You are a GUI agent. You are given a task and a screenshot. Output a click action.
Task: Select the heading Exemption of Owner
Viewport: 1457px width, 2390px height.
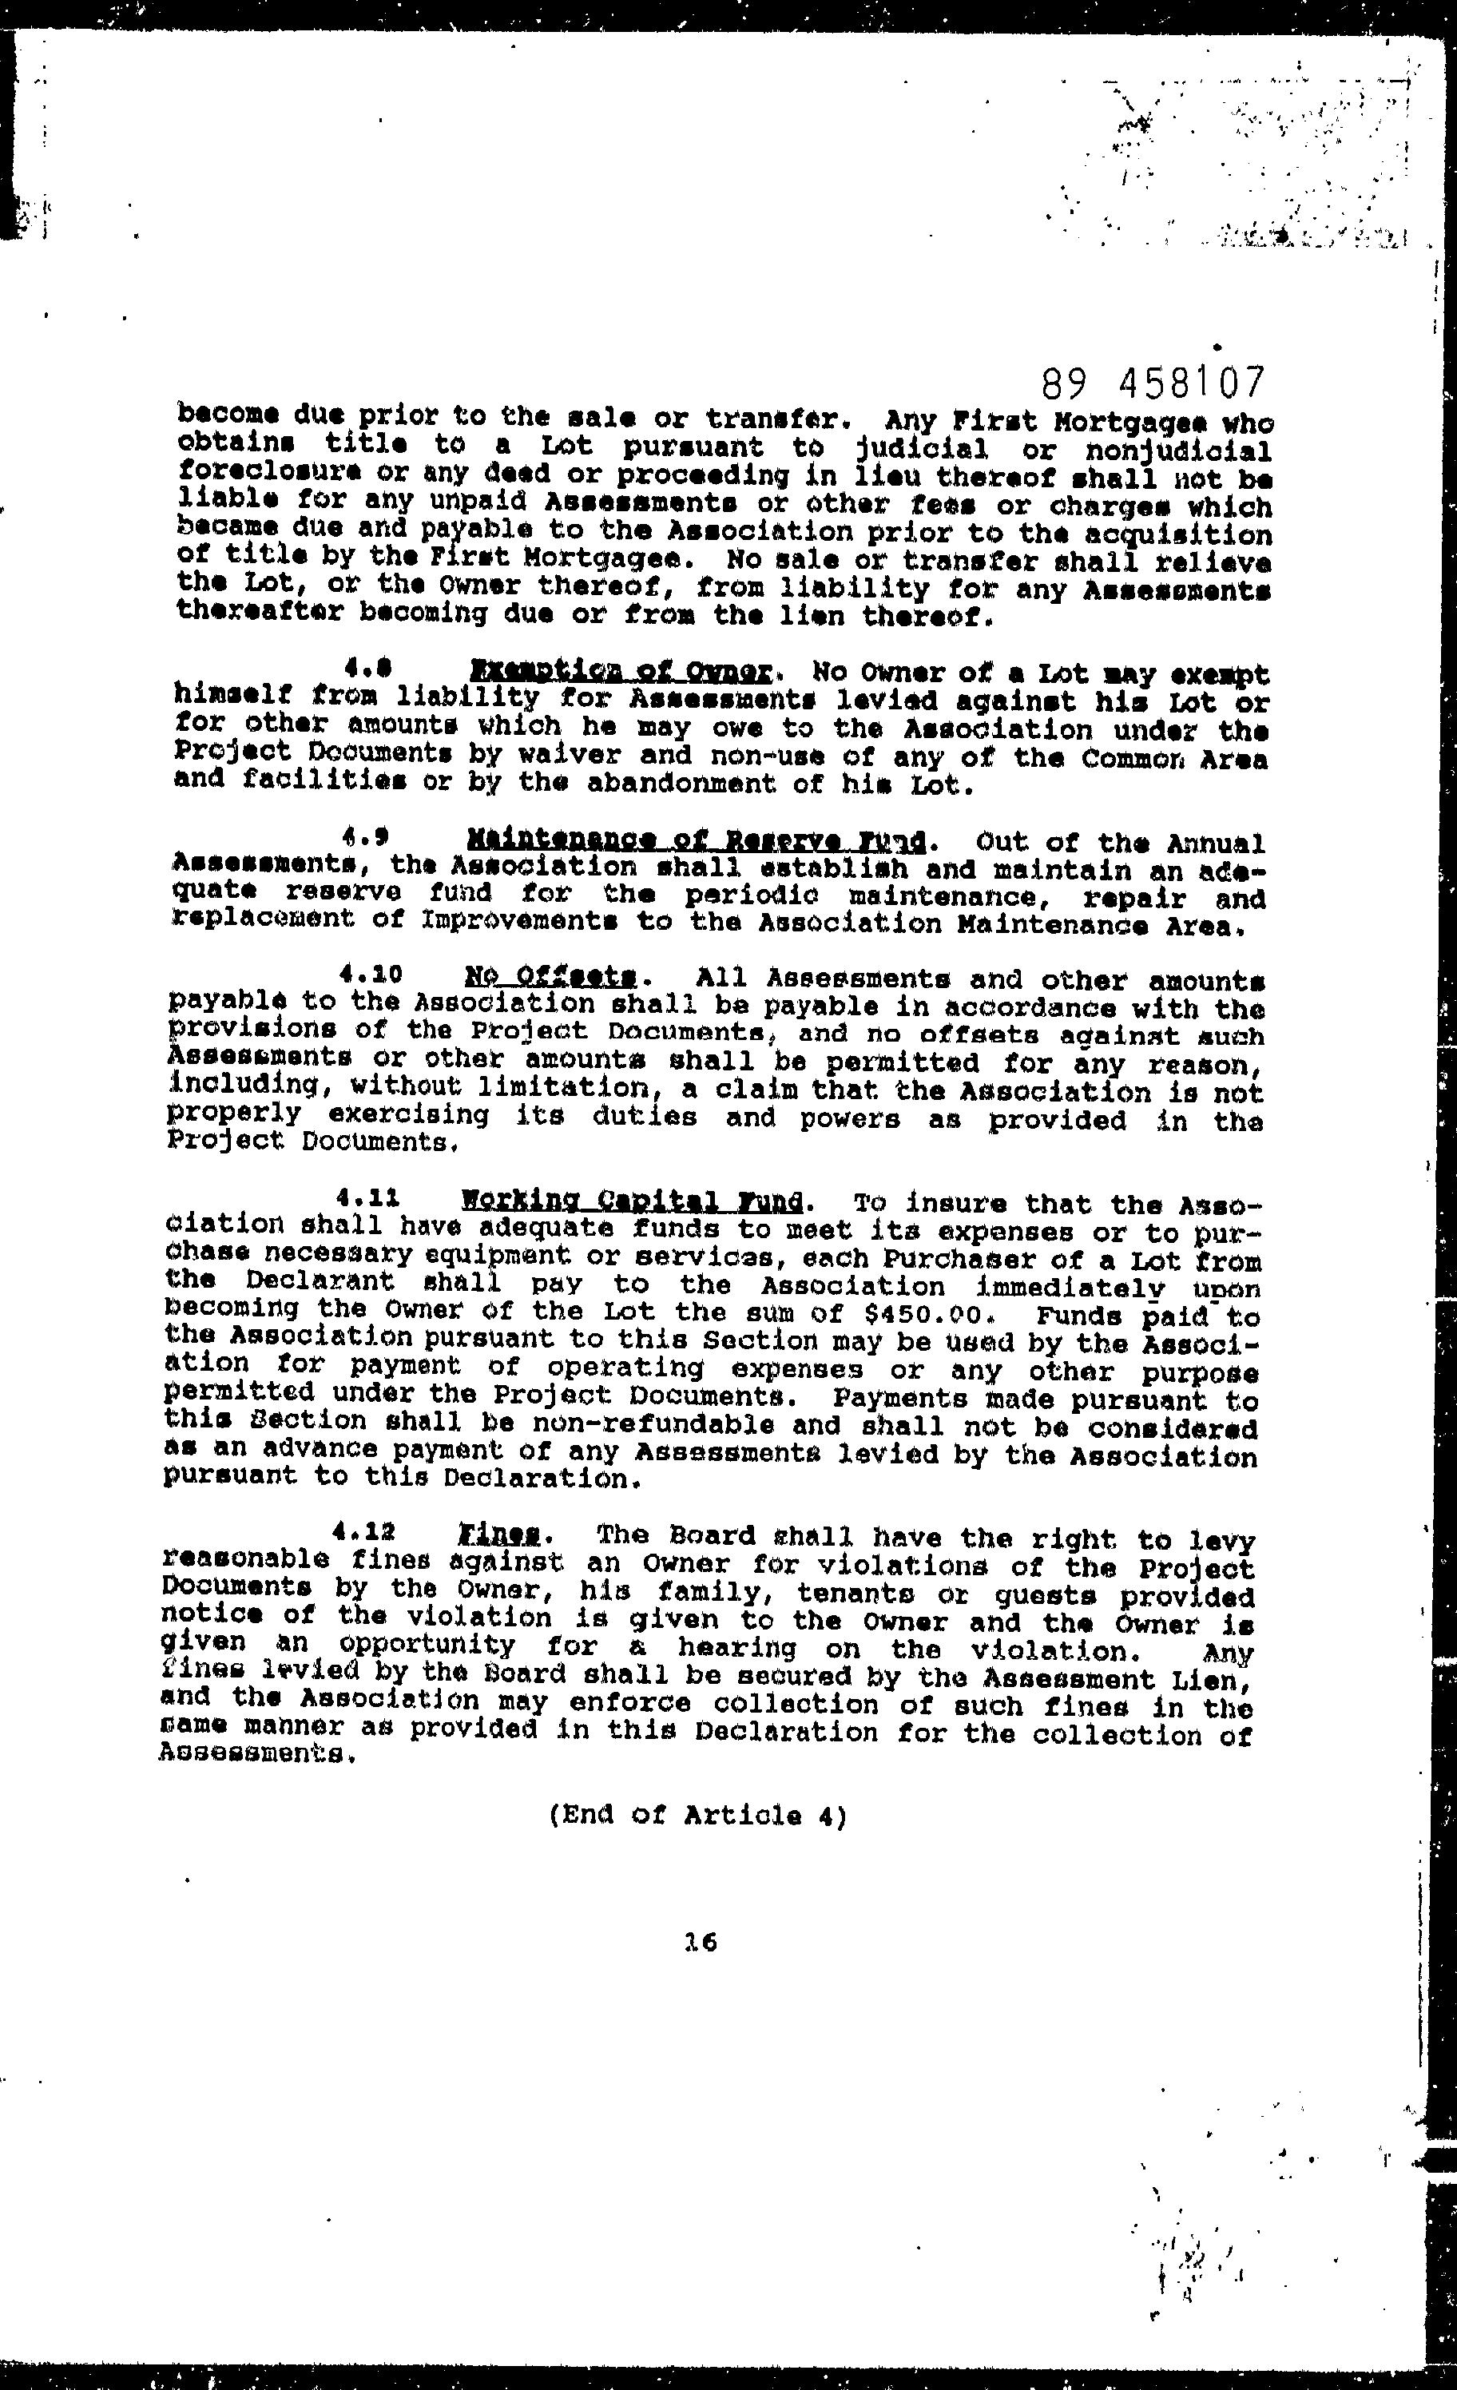click(621, 670)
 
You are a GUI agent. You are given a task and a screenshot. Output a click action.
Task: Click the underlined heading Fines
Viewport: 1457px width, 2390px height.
click(499, 1534)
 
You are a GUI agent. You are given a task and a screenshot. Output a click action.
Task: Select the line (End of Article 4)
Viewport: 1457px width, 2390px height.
click(697, 1815)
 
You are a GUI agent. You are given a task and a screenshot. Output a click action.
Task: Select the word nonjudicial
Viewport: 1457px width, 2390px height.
click(1177, 452)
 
